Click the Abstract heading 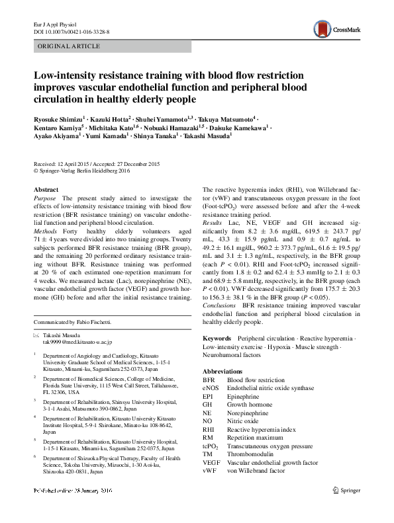coord(46,189)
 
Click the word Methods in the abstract coord(46,232)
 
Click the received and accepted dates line coord(96,163)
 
